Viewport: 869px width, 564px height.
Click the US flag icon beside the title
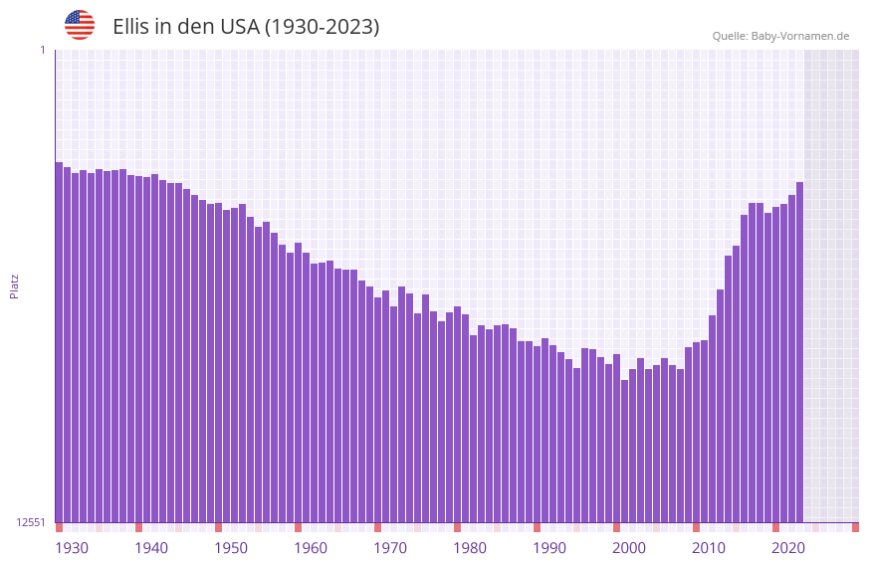(x=80, y=25)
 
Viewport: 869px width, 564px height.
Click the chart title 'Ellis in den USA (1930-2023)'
(x=246, y=27)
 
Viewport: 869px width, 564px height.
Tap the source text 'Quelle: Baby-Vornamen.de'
(x=780, y=37)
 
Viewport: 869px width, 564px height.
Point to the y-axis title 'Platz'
(x=14, y=285)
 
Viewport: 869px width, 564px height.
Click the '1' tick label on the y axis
(x=42, y=50)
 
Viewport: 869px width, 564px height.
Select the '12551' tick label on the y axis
(x=31, y=522)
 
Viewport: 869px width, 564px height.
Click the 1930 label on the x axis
(x=72, y=548)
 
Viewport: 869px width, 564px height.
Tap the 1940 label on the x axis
(x=151, y=548)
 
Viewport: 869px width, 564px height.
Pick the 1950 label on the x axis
(x=231, y=548)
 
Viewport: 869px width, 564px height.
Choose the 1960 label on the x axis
(x=311, y=548)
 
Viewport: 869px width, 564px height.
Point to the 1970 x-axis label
(x=390, y=548)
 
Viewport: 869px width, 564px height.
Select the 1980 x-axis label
(x=470, y=548)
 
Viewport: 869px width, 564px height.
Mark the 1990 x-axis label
(x=549, y=548)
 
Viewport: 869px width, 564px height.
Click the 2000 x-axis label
(x=629, y=548)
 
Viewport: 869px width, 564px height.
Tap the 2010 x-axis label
(x=709, y=548)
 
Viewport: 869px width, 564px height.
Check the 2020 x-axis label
(x=788, y=548)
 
